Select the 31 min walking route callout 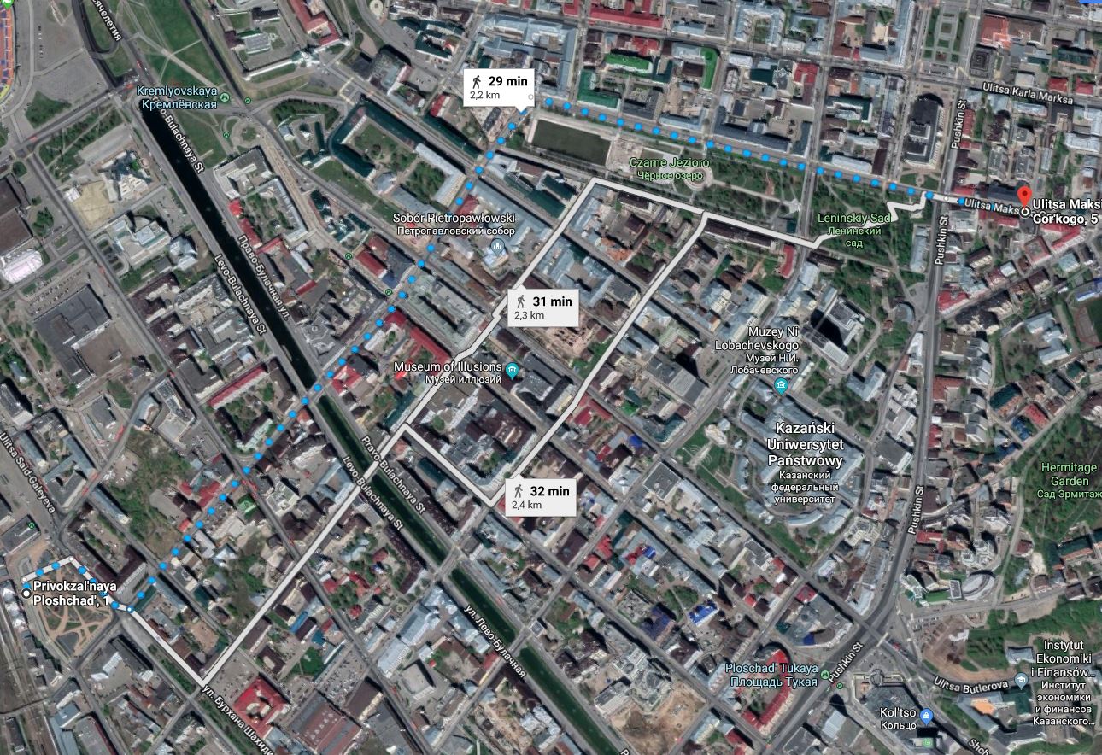[x=543, y=307]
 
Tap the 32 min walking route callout [x=540, y=497]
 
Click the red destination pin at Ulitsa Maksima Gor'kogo [x=1024, y=194]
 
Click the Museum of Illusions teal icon [x=512, y=370]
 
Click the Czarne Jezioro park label [x=669, y=167]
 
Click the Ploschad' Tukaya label [x=771, y=674]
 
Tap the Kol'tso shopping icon [x=928, y=714]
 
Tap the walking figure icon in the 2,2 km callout [x=476, y=81]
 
